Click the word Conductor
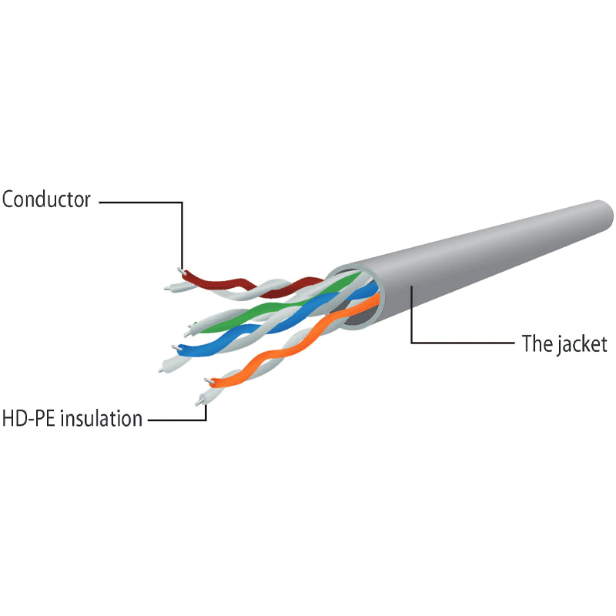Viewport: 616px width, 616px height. click(x=46, y=199)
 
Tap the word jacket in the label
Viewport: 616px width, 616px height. click(x=583, y=344)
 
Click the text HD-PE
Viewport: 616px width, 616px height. click(x=28, y=418)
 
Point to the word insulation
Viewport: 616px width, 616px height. click(x=102, y=418)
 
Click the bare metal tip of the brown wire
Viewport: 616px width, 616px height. click(x=181, y=271)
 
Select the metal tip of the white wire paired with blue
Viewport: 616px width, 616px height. click(x=161, y=370)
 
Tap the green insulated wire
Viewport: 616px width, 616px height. click(x=275, y=306)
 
